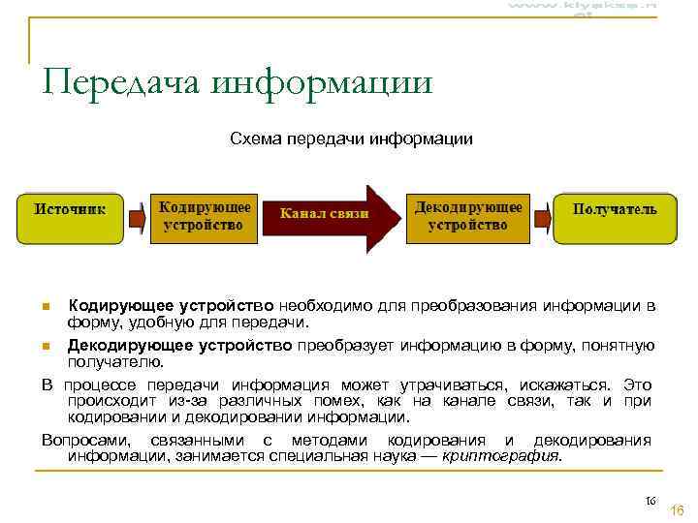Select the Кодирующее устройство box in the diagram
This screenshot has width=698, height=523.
coord(206,217)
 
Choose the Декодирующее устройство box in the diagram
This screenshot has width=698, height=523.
coord(468,217)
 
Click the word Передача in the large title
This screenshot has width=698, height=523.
coord(122,81)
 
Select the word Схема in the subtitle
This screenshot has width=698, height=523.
coord(254,139)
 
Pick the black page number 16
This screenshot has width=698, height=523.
coord(650,501)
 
